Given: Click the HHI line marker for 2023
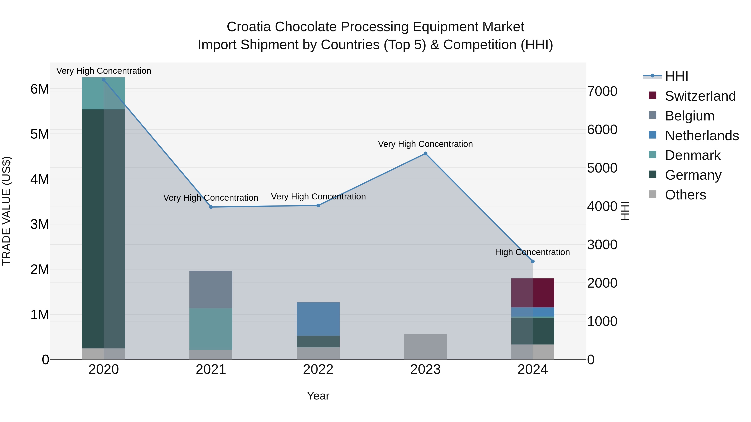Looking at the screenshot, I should [425, 153].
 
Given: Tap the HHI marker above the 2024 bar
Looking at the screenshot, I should [533, 262].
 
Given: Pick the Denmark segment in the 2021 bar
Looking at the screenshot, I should [211, 329].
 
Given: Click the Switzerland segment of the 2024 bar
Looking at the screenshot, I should [533, 293].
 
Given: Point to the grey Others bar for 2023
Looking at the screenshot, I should [425, 347].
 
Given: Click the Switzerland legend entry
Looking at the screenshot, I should [700, 96].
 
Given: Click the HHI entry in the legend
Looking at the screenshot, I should [676, 76].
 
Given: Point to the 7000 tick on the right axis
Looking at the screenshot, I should [602, 91].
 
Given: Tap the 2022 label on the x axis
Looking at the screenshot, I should [318, 369].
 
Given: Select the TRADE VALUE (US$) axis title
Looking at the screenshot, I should [6, 211].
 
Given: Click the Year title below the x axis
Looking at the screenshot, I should [318, 396].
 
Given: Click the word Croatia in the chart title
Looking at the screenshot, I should [249, 27].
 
